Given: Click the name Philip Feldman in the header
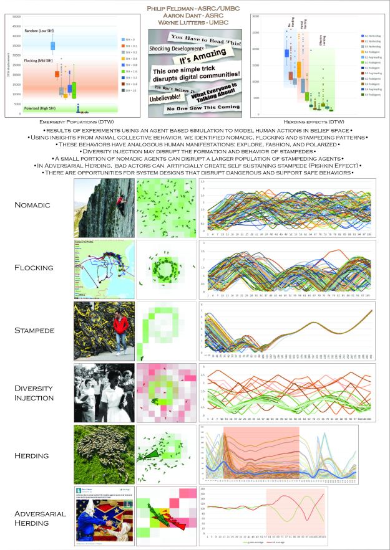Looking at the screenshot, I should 195,7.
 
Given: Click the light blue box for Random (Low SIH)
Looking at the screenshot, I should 52,45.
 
